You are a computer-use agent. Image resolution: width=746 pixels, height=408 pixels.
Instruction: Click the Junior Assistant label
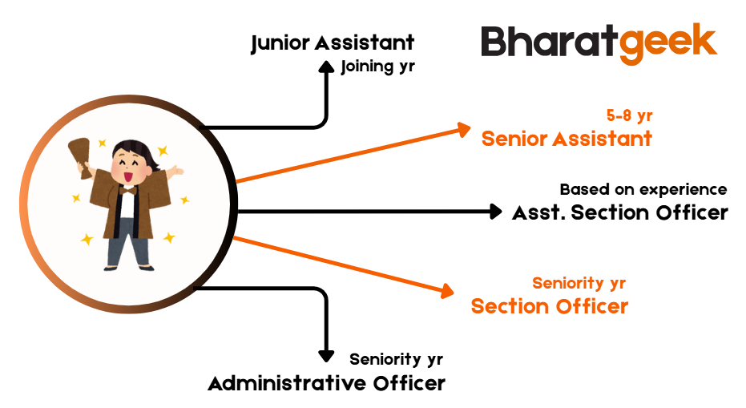[x=333, y=43]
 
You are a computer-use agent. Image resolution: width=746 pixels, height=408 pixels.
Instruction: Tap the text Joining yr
[x=377, y=67]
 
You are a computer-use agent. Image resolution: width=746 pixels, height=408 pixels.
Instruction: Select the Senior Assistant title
[x=567, y=139]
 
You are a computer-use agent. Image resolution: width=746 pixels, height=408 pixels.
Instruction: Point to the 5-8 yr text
[x=630, y=115]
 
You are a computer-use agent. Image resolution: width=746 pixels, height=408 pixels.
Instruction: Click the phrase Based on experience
[x=643, y=189]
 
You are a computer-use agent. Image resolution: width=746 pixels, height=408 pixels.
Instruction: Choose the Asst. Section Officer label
[x=620, y=212]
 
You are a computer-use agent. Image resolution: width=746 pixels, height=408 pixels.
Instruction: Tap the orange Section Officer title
[x=550, y=306]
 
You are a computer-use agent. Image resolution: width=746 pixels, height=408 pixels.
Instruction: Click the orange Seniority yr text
[x=579, y=283]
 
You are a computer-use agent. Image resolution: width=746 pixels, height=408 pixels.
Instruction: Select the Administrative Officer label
[x=326, y=383]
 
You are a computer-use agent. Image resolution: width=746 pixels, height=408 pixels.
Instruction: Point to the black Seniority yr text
[x=396, y=359]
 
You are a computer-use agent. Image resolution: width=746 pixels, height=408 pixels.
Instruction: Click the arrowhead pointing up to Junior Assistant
[x=326, y=67]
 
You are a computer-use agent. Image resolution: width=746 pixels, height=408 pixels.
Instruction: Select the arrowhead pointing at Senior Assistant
[x=463, y=130]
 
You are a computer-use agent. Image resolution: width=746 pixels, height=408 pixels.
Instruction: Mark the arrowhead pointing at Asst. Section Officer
[x=496, y=212]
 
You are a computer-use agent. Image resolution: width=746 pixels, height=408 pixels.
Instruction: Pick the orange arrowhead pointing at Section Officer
[x=447, y=290]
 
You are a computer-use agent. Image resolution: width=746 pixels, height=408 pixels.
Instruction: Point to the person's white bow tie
[x=127, y=191]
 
